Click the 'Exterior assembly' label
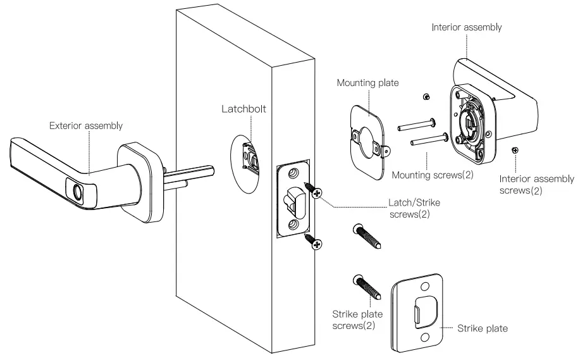(86, 126)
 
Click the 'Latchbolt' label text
(243, 109)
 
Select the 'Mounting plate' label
(367, 83)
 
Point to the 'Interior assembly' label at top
(466, 27)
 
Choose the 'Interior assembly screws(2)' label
(536, 184)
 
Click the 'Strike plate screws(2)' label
(353, 320)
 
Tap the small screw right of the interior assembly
(516, 150)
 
